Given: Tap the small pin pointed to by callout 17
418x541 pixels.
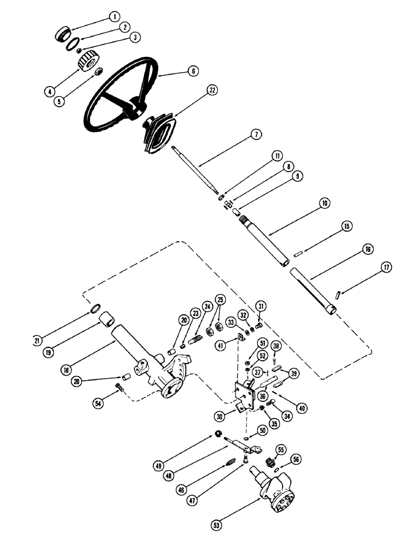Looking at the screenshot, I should (337, 295).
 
